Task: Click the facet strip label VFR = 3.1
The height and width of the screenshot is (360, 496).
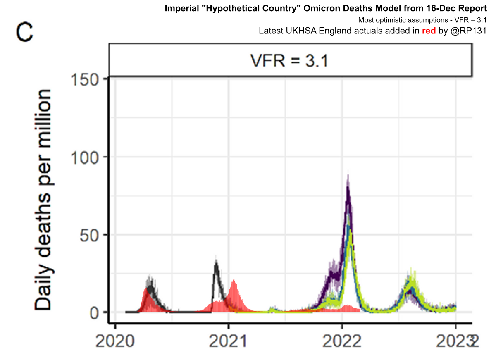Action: coord(289,61)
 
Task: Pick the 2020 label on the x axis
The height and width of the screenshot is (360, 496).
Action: coord(114,342)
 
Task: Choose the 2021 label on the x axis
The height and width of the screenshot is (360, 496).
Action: coord(228,342)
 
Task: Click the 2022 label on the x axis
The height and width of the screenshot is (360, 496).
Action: coord(342,342)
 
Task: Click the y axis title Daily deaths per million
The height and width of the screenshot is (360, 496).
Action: coord(43,199)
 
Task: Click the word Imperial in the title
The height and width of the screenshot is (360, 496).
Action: coord(180,8)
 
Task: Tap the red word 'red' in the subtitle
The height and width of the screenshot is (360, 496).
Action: coord(429,31)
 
